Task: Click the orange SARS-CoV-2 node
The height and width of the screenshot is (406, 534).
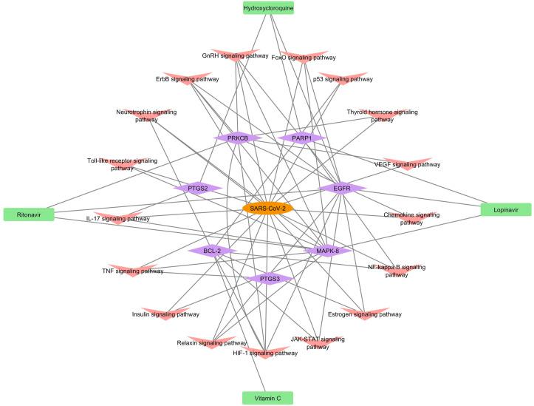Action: coord(267,209)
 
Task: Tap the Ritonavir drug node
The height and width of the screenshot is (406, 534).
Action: coord(29,214)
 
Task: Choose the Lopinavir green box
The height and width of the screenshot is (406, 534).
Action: coord(506,209)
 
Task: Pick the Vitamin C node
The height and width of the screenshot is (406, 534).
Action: coord(267,398)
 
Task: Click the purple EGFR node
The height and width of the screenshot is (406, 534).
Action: coord(341,189)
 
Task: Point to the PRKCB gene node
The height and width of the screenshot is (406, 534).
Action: coord(238,138)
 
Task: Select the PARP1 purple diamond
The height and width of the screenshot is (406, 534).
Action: coord(301,138)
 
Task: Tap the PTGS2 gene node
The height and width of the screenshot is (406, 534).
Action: coord(197,188)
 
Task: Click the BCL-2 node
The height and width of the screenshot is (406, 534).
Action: coord(211,251)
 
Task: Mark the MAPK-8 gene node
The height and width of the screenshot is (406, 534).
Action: coord(327,251)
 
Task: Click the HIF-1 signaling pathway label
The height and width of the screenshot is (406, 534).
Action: coord(265,353)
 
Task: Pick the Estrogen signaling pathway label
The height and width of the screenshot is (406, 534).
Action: coord(364,314)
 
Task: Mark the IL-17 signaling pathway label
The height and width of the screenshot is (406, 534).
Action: coord(117,219)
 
